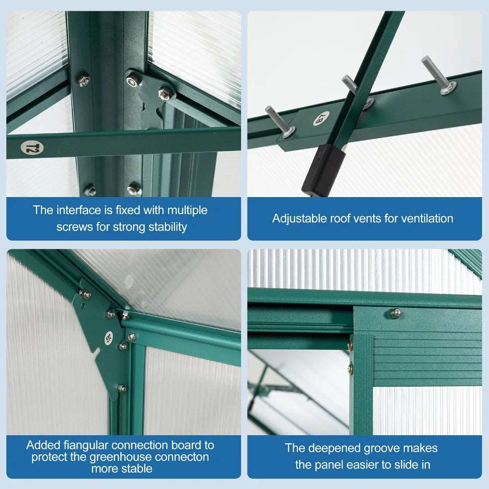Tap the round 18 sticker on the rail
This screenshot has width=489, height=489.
[321, 118]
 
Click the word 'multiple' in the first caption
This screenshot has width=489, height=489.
[187, 210]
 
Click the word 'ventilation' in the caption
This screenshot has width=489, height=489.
[426, 219]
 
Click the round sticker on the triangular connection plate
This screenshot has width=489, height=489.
[109, 337]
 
